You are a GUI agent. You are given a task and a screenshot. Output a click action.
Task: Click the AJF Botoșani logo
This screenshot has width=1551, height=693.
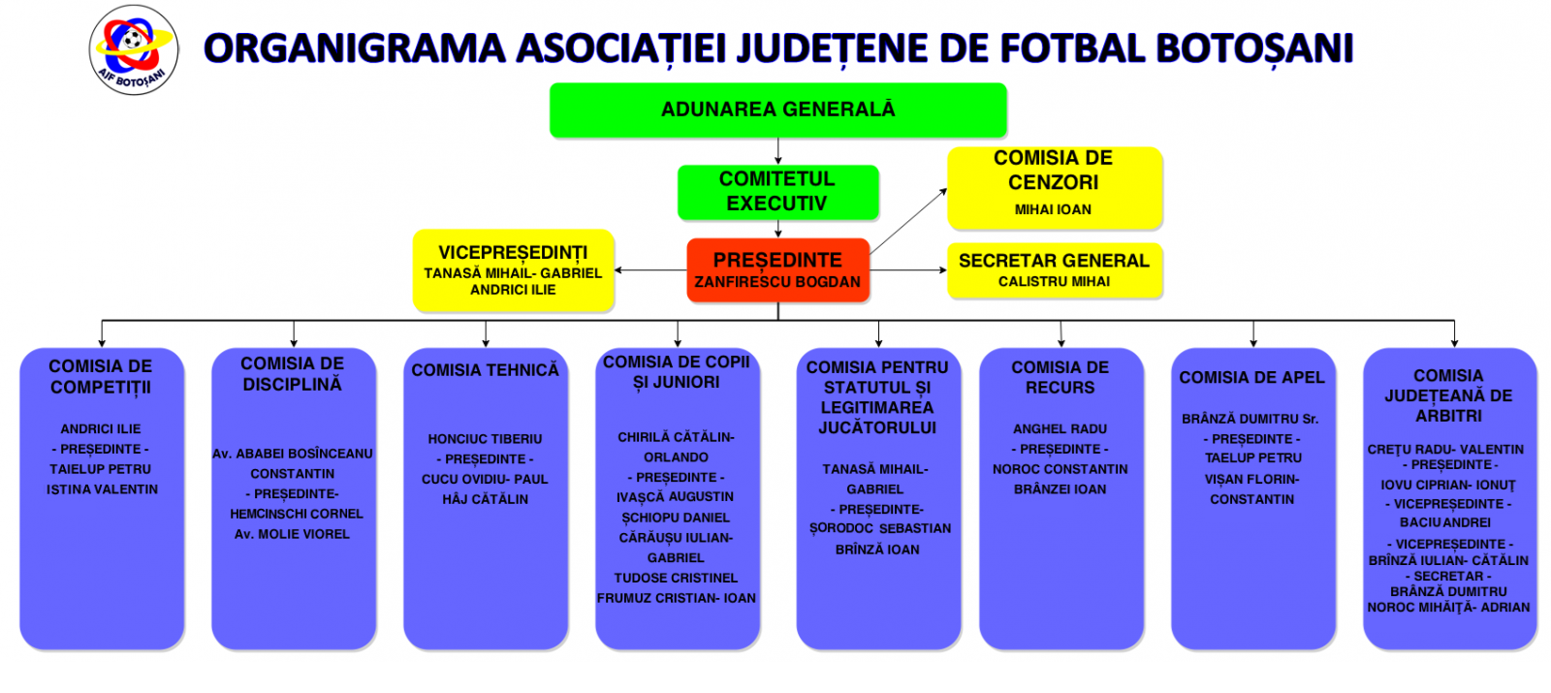[134, 49]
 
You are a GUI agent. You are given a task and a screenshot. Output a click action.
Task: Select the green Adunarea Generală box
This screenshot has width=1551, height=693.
[777, 110]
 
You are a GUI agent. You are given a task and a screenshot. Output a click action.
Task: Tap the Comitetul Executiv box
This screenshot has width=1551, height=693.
[777, 191]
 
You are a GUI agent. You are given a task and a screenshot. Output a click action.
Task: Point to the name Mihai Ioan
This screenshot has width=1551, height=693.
[1053, 209]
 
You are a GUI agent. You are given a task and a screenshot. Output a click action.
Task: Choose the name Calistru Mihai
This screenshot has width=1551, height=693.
[1054, 282]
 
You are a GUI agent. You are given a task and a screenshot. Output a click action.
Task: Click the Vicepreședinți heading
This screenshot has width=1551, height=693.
[513, 253]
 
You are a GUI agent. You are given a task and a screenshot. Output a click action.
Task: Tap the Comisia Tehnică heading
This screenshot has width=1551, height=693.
[485, 370]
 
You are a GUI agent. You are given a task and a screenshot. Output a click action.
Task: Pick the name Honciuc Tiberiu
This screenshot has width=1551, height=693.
[485, 439]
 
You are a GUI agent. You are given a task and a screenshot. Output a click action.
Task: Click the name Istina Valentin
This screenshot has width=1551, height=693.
[102, 489]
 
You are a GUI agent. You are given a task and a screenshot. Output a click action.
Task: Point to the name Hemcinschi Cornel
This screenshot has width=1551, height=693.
[297, 514]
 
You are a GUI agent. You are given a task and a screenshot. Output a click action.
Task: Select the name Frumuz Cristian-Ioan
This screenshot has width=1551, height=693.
[677, 598]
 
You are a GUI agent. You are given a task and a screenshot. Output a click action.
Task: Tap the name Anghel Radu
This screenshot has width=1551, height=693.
[1060, 428]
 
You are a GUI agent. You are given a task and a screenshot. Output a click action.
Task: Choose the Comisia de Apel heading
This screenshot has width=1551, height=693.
[1251, 378]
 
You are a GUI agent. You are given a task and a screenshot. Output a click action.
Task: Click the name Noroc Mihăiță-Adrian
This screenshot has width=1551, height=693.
[1448, 608]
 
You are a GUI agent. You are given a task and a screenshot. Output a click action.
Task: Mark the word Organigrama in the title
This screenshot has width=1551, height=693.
[354, 48]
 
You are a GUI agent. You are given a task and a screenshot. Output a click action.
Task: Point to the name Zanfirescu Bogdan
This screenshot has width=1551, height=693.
[777, 282]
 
